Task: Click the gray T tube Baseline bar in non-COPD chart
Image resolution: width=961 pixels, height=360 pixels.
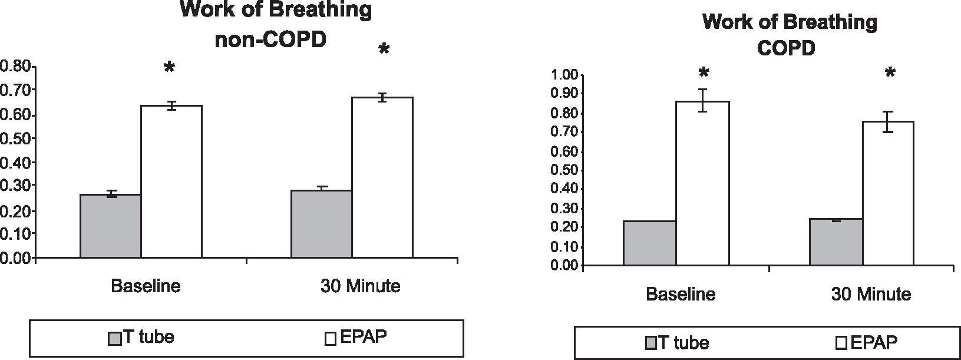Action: pos(110,226)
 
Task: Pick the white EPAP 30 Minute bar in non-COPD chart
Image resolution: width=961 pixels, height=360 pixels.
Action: pos(382,177)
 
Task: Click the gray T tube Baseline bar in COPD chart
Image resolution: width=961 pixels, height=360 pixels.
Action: pos(649,243)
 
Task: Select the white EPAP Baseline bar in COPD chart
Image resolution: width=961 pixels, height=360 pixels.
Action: pos(702,183)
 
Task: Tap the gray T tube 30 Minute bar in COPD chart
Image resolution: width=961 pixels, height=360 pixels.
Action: pos(836,242)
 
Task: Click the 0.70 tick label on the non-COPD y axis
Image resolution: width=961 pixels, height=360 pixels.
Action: pos(16,90)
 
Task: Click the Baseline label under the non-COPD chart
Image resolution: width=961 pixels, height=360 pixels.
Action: pos(146,286)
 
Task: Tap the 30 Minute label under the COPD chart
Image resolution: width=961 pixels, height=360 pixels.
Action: pos(871,294)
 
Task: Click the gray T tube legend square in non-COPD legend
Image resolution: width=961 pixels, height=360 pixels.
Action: pos(114,338)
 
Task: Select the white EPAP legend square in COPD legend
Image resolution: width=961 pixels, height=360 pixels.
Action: pos(841,343)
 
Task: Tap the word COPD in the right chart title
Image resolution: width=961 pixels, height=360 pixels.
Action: pos(786,48)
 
